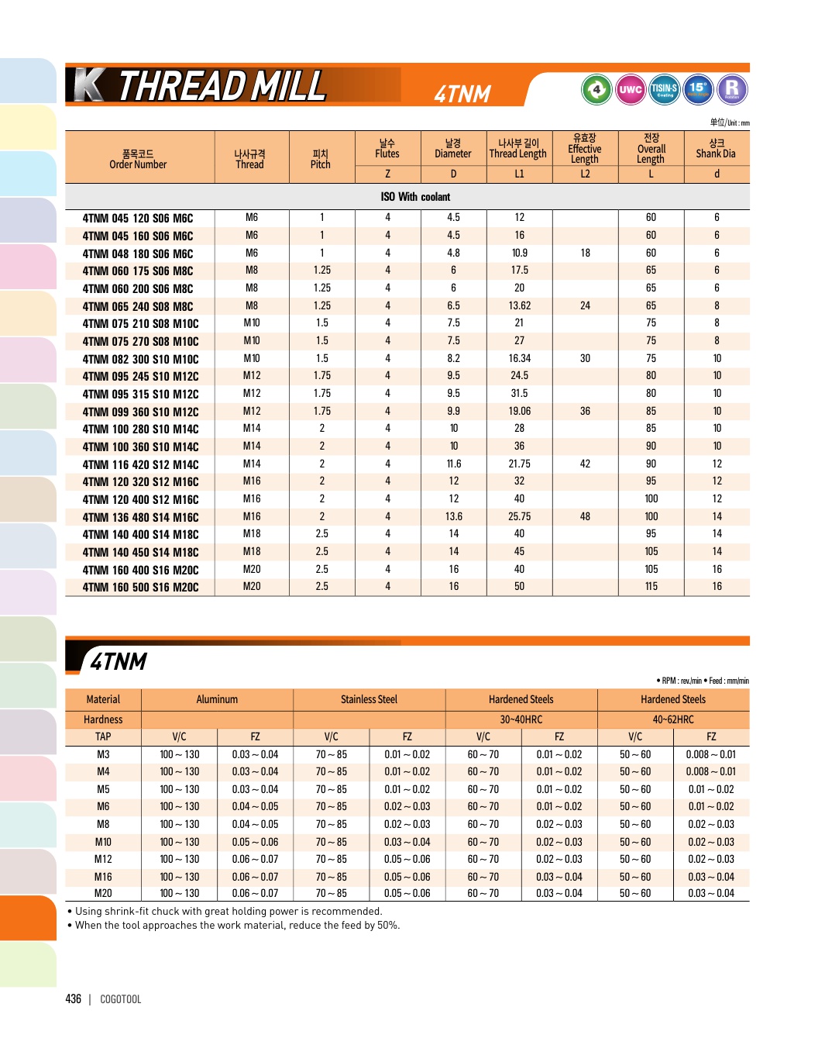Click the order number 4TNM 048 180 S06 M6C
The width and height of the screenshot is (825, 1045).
(138, 253)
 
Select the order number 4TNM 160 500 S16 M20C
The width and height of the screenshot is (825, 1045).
(140, 587)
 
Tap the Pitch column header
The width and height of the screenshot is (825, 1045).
(321, 159)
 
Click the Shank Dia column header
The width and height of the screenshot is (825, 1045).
(716, 148)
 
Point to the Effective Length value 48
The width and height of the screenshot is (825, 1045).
(585, 516)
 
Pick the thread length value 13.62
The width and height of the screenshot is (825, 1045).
(519, 305)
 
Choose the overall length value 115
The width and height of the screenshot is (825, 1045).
(651, 586)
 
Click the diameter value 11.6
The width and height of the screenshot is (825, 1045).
(453, 464)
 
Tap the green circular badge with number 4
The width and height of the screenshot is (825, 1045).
(596, 89)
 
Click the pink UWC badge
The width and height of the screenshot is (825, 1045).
(631, 89)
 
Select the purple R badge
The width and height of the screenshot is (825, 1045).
(731, 89)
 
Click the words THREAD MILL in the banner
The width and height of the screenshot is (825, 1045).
(222, 86)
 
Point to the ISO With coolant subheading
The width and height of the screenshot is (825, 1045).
(415, 197)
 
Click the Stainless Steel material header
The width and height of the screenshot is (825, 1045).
(369, 699)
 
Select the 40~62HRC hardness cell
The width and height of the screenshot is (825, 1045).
(672, 719)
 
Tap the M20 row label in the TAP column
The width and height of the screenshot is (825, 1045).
(103, 893)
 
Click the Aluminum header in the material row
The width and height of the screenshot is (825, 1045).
(217, 699)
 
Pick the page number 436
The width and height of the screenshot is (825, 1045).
(74, 999)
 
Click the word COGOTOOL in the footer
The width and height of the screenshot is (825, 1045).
(121, 999)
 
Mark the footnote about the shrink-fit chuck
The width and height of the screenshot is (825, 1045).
(229, 911)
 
